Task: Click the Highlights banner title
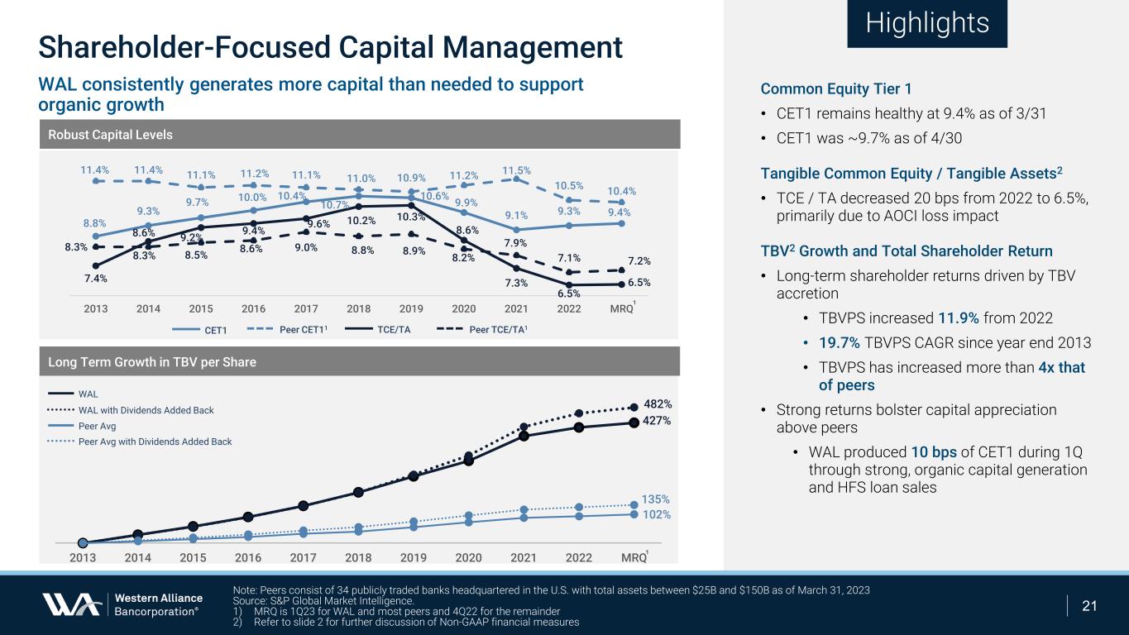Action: point(926,23)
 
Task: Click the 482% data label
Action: point(658,404)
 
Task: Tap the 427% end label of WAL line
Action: point(658,421)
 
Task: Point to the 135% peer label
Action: point(656,499)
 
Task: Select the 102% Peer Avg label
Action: point(657,514)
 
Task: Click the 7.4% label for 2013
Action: point(95,279)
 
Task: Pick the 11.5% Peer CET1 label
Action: point(517,169)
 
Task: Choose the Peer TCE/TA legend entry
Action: point(483,330)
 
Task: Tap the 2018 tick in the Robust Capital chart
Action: point(358,308)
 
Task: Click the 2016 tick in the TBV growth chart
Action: point(248,557)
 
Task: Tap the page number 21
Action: point(1089,606)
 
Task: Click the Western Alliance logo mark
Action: point(72,605)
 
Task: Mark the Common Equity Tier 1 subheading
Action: point(836,89)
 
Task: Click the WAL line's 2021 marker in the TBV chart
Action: point(524,436)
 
